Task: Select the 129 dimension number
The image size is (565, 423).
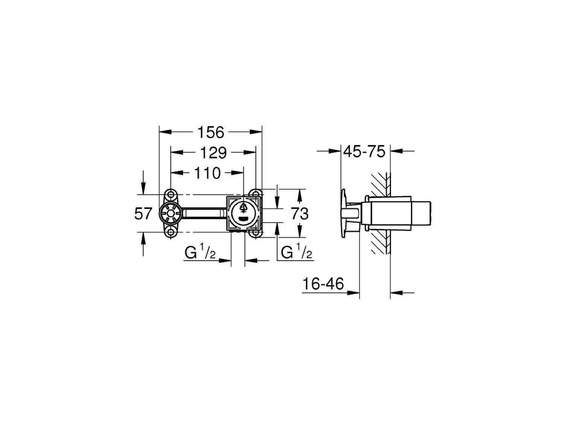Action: click(213, 153)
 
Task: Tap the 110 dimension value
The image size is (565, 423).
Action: click(207, 173)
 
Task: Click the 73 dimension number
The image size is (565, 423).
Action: click(300, 214)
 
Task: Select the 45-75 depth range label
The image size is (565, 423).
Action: click(364, 152)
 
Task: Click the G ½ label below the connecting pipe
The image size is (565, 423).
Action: click(200, 253)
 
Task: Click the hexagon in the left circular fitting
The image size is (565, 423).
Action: click(171, 214)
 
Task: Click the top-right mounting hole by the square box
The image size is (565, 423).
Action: click(256, 194)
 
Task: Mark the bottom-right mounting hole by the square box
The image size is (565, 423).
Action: click(256, 233)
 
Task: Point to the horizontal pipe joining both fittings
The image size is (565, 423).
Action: click(203, 214)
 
